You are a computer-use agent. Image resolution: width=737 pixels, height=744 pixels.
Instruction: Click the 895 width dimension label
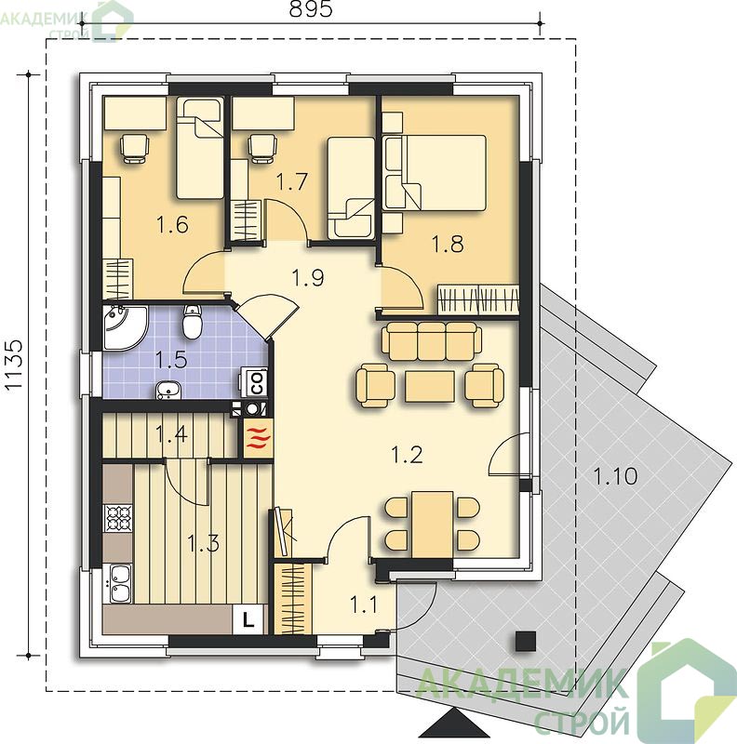click(311, 9)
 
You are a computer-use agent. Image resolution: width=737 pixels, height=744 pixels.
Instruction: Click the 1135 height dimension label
click(14, 365)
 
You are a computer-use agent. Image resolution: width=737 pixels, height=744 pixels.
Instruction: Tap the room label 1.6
click(172, 224)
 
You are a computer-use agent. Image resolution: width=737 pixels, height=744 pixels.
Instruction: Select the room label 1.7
click(291, 181)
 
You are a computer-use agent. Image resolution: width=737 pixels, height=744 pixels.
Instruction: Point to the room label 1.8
click(448, 244)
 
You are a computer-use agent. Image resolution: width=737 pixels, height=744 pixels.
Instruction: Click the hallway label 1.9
click(308, 277)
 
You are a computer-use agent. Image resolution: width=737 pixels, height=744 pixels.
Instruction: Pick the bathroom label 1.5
click(171, 360)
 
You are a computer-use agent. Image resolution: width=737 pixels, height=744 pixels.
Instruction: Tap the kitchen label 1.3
click(203, 543)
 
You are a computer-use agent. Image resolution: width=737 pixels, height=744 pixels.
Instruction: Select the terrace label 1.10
click(616, 476)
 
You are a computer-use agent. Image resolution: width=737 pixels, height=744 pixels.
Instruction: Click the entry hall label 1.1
click(363, 605)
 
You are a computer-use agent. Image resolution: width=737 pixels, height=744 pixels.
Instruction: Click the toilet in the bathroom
click(193, 321)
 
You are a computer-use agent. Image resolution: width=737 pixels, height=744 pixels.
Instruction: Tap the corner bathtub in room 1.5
click(125, 328)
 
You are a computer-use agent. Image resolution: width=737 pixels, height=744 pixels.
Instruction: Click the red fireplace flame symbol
click(259, 438)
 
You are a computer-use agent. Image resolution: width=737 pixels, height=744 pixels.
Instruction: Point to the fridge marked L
click(248, 619)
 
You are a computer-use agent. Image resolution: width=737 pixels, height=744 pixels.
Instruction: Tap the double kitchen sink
click(118, 583)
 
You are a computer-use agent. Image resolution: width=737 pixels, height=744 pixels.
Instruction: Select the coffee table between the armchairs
click(430, 386)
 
